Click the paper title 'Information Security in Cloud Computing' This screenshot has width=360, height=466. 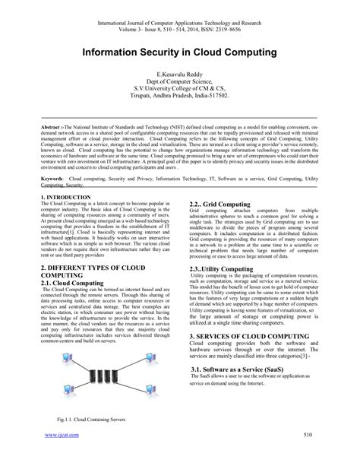point(180,55)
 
